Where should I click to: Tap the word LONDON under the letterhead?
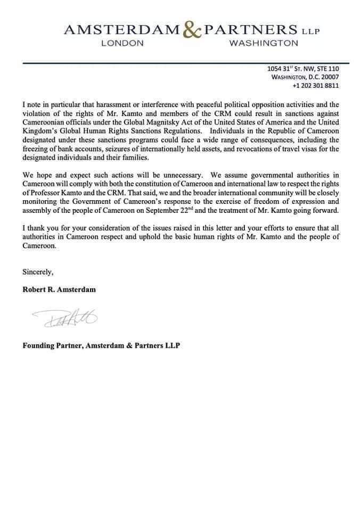122,44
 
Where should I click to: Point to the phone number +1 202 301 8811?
316,85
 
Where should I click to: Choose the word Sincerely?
38,272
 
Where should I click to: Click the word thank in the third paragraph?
37,229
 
